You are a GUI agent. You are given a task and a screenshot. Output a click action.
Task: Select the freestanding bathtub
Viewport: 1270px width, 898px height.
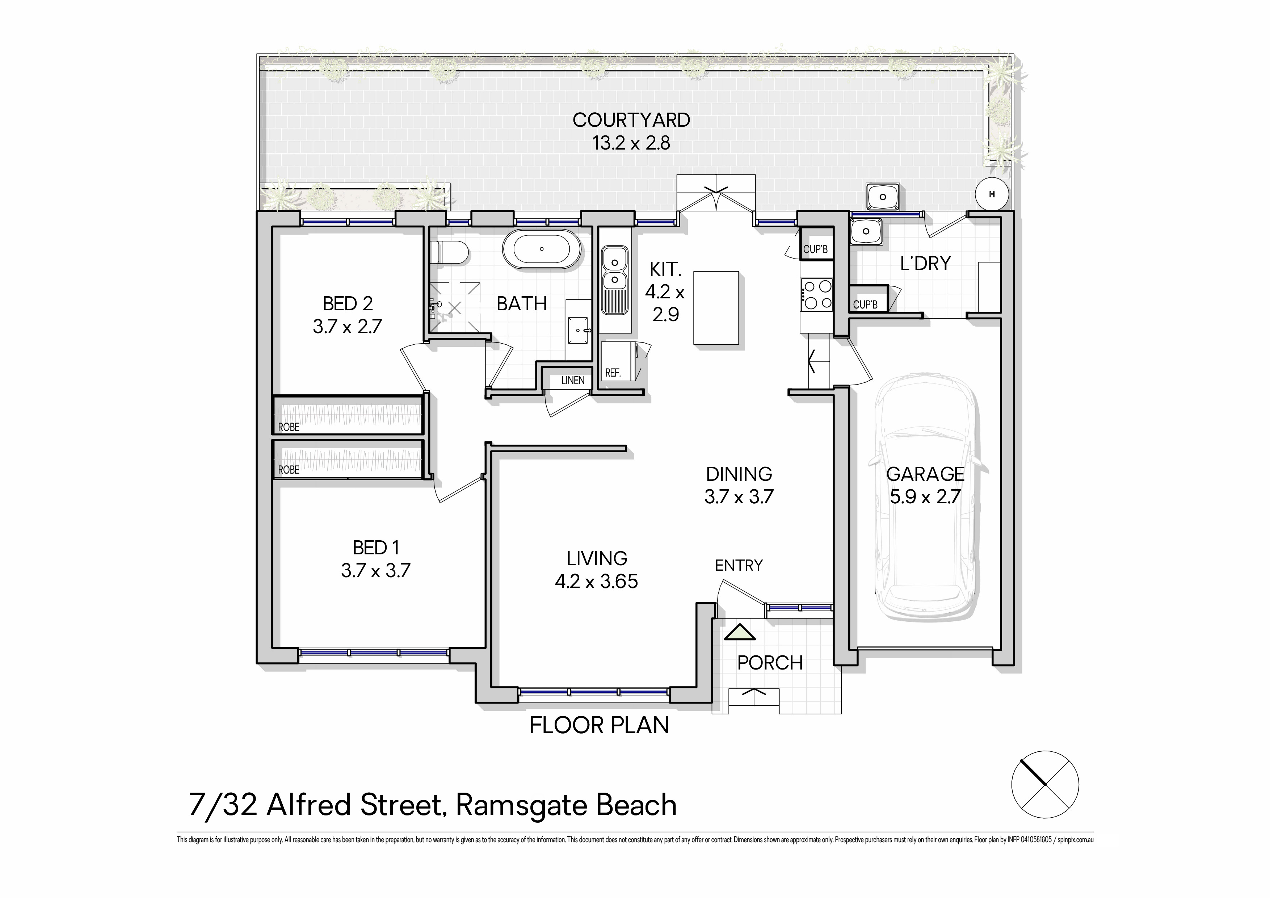pos(542,249)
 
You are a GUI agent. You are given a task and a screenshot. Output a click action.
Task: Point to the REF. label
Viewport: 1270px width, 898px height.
pos(613,373)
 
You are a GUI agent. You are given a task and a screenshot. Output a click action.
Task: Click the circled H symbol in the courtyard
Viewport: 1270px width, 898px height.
pos(992,194)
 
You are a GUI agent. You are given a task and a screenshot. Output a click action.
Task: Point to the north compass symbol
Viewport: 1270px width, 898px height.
pos(1045,784)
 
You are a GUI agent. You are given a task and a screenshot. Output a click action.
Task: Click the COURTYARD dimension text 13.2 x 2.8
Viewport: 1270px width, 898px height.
pos(631,143)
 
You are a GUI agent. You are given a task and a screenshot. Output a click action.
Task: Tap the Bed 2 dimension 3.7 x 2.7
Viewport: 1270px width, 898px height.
pos(348,327)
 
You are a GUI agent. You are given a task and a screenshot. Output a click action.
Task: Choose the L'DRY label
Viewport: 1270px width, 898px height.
pos(925,263)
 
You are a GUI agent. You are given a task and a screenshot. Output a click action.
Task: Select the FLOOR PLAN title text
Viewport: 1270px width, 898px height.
pos(599,725)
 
